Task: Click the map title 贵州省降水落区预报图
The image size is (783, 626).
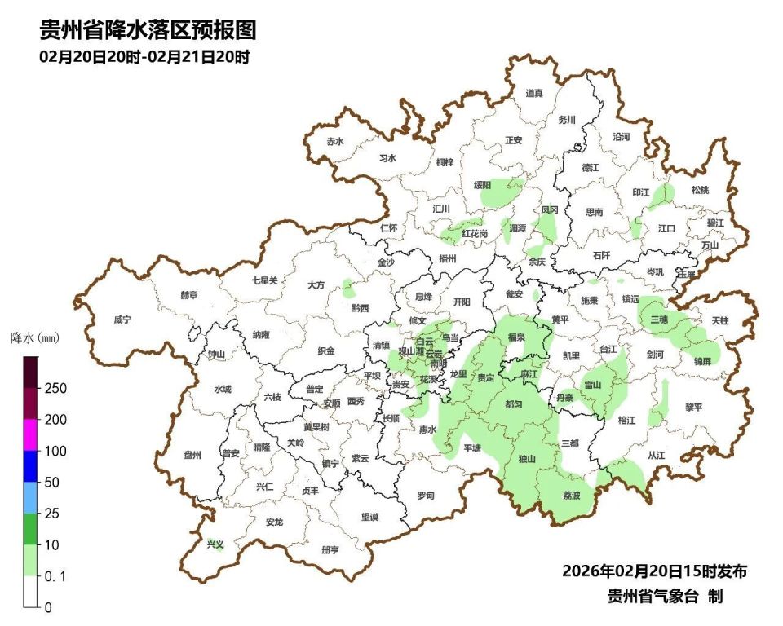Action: [x=148, y=30]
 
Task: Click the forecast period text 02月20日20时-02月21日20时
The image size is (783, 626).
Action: [x=144, y=57]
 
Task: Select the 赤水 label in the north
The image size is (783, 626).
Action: [x=335, y=141]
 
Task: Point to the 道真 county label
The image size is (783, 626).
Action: [x=534, y=94]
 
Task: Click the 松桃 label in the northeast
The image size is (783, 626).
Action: [x=700, y=190]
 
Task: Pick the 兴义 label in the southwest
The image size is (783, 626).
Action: [x=215, y=544]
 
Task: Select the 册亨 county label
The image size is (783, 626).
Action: [x=330, y=549]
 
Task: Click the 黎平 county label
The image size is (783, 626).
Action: [x=693, y=407]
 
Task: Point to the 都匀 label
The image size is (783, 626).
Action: [x=514, y=404]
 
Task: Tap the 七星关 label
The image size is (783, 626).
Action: [x=264, y=280]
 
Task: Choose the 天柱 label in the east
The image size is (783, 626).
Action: [x=719, y=321]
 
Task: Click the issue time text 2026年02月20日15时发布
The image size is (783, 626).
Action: [x=654, y=571]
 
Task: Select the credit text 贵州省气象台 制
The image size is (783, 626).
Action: [x=665, y=597]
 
